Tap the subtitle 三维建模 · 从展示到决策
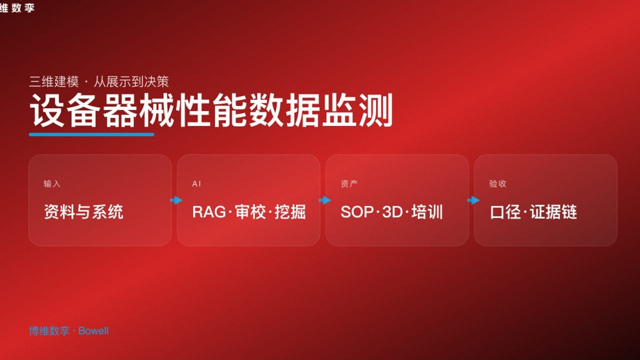(x=98, y=81)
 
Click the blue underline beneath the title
(x=91, y=134)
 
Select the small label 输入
(x=52, y=183)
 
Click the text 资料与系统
(x=83, y=212)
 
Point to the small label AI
(x=196, y=183)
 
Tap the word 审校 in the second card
(x=250, y=212)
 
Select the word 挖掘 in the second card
(x=290, y=212)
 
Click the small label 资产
(x=349, y=183)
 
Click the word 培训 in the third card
(x=428, y=212)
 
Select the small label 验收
(x=497, y=183)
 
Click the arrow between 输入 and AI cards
(x=176, y=200)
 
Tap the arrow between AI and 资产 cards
(x=324, y=200)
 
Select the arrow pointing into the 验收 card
(x=473, y=200)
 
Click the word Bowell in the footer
(x=93, y=331)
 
